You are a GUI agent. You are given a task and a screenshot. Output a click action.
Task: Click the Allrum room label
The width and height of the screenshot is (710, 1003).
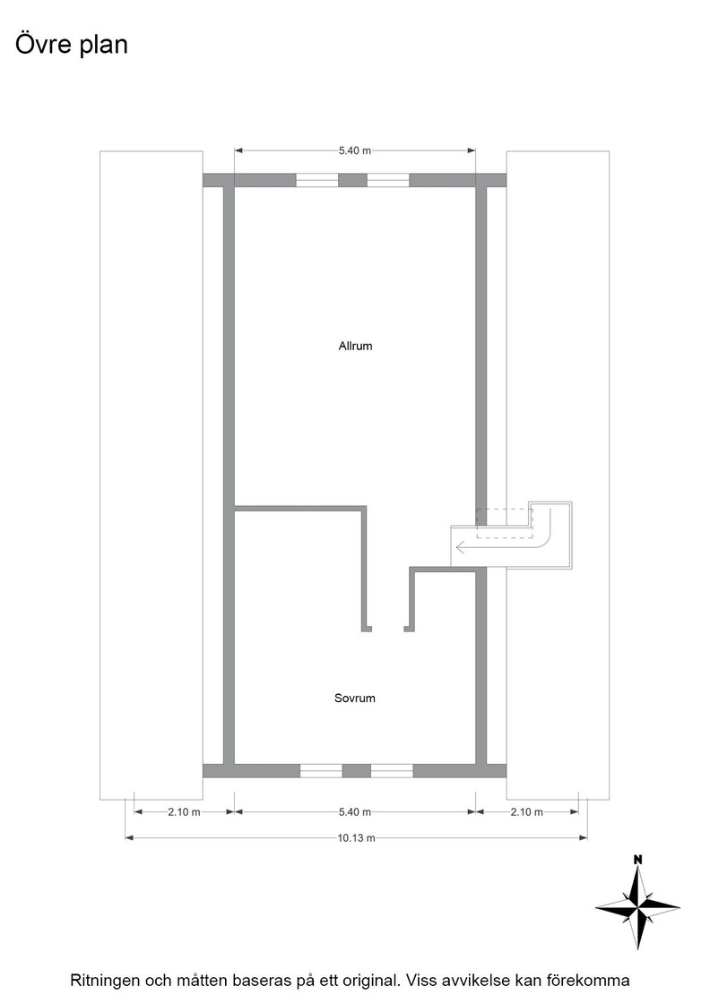pyautogui.click(x=355, y=346)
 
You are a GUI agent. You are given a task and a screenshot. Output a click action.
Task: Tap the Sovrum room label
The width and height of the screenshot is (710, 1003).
pyautogui.click(x=355, y=698)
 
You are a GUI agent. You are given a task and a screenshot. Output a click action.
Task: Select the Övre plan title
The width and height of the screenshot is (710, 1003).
pyautogui.click(x=72, y=45)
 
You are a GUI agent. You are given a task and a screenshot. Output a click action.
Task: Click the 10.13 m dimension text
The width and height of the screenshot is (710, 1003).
pyautogui.click(x=356, y=838)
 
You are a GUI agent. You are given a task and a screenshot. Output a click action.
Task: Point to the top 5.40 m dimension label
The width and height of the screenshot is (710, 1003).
pyautogui.click(x=355, y=151)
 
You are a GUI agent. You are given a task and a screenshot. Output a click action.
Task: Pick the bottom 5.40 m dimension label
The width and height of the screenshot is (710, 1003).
pyautogui.click(x=355, y=811)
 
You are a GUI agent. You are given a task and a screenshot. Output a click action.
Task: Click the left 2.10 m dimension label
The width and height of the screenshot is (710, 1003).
pyautogui.click(x=185, y=811)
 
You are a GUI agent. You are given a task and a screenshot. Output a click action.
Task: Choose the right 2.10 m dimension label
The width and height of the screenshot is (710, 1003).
pyautogui.click(x=527, y=811)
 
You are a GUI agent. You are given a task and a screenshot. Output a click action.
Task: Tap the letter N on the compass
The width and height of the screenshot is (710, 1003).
pyautogui.click(x=637, y=860)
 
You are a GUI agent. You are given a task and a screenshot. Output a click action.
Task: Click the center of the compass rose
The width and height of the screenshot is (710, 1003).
pyautogui.click(x=637, y=906)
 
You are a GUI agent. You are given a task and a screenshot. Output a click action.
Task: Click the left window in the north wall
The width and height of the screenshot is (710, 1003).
pyautogui.click(x=317, y=180)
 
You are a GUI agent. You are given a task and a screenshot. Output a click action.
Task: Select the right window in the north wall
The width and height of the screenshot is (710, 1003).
pyautogui.click(x=388, y=180)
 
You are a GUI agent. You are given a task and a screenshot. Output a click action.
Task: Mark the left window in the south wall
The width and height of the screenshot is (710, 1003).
pyautogui.click(x=322, y=770)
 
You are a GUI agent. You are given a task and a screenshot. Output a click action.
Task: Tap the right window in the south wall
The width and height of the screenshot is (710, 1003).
pyautogui.click(x=392, y=770)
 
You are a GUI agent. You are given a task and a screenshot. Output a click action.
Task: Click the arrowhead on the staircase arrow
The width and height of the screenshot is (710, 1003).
pyautogui.click(x=460, y=547)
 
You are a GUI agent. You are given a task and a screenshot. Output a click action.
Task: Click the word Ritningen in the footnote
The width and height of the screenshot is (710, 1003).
pyautogui.click(x=107, y=981)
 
